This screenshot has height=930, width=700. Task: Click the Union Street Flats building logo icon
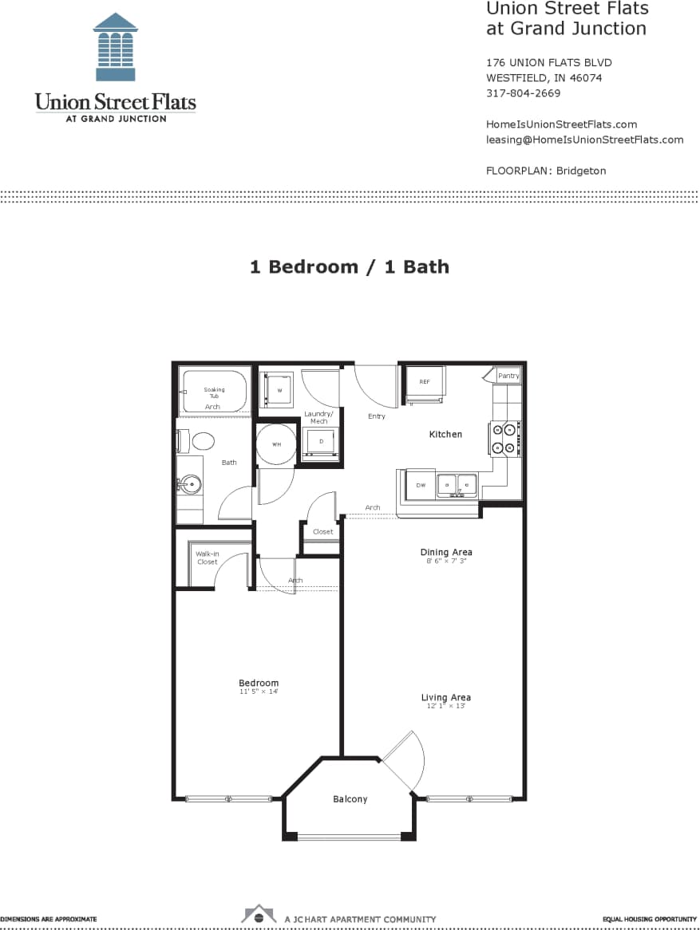(115, 47)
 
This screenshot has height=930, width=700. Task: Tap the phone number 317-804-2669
(523, 93)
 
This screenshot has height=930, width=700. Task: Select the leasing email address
(584, 140)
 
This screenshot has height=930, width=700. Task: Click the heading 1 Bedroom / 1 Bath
(350, 266)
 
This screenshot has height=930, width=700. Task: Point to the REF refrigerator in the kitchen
(425, 383)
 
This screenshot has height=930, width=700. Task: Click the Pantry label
(508, 376)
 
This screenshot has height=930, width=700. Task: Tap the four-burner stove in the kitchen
(505, 438)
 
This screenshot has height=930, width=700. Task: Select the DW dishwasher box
(420, 484)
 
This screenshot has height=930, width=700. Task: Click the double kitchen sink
(456, 484)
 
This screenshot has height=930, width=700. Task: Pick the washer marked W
(279, 391)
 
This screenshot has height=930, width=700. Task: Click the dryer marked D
(320, 441)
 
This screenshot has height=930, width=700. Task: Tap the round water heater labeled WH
(276, 444)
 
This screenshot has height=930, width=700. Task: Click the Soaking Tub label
(214, 392)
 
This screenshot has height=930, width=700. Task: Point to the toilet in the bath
(200, 441)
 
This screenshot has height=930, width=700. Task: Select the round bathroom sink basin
(190, 483)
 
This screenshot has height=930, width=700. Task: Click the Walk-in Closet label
(207, 558)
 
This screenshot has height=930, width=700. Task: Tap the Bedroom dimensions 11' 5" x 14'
(259, 692)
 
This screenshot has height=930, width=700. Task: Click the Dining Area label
(446, 552)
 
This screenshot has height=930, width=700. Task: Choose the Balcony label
(350, 798)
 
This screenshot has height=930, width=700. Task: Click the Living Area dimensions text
(446, 707)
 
